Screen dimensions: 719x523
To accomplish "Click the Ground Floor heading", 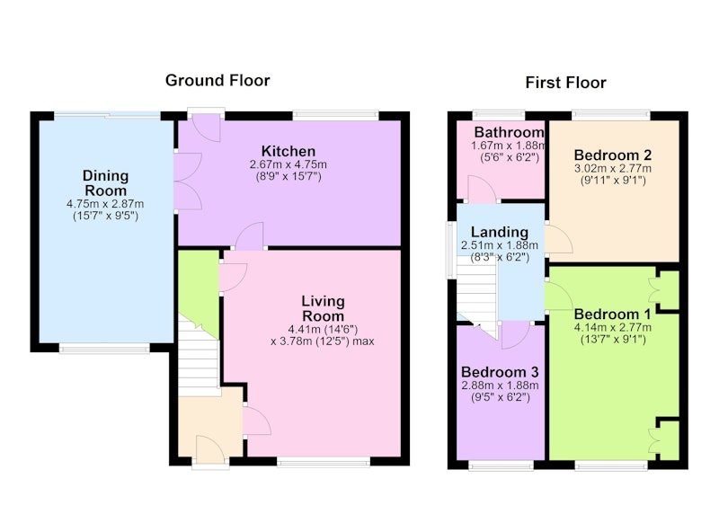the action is tap(217, 81).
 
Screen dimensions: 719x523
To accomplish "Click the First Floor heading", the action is tap(565, 83).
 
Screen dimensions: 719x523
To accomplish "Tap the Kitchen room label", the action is tap(288, 151).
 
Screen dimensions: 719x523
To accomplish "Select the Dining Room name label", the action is tap(105, 183).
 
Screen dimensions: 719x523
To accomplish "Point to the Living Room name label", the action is tap(323, 308).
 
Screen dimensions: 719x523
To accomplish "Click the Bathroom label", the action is tap(509, 132).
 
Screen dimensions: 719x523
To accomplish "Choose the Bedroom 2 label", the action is tap(613, 155).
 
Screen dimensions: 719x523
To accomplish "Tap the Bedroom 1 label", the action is tap(612, 315).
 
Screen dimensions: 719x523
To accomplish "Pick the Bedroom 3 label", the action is tap(500, 372).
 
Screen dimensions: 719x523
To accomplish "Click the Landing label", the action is tap(500, 233).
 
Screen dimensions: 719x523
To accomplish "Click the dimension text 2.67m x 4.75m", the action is tap(288, 164).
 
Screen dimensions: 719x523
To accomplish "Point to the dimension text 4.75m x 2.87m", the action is tap(105, 204).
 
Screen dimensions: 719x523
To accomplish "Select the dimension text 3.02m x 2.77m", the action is tap(613, 168).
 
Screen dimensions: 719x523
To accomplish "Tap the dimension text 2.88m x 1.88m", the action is tap(500, 386).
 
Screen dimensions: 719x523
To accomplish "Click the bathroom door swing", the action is tap(483, 189).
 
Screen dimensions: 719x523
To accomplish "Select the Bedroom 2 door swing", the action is tap(559, 239).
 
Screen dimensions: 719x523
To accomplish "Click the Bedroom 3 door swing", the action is tap(516, 335).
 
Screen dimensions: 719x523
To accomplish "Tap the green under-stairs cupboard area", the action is tap(198, 288).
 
